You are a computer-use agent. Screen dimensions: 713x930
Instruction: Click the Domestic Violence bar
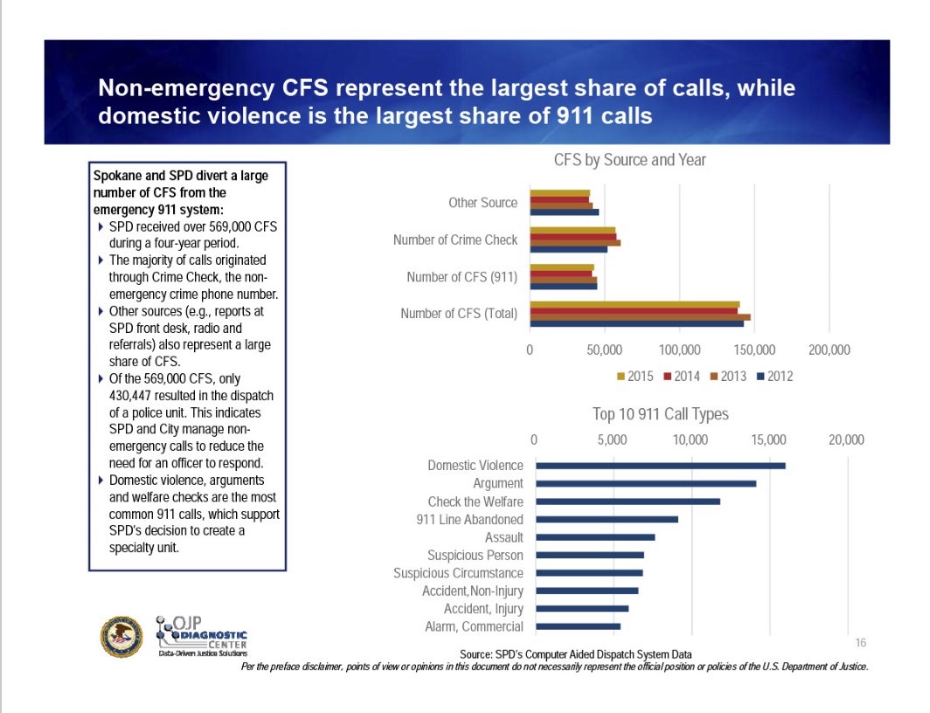click(660, 466)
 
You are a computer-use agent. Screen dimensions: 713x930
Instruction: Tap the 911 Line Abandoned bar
click(607, 519)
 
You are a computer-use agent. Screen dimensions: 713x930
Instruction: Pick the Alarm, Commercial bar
click(578, 626)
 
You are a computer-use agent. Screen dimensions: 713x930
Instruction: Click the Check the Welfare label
click(475, 502)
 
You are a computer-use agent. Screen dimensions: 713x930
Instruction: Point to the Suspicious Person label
click(475, 555)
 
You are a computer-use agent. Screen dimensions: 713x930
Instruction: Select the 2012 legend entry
click(774, 377)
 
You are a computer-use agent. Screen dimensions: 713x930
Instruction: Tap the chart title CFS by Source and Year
click(629, 161)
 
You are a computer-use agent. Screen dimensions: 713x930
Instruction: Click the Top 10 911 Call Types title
click(660, 414)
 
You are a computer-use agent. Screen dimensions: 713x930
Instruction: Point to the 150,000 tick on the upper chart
click(754, 350)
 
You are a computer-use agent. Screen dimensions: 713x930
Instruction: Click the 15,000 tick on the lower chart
click(768, 440)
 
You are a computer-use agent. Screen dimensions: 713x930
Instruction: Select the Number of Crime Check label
click(455, 239)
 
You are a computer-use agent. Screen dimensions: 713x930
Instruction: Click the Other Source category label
click(482, 203)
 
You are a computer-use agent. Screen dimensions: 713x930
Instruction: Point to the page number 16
click(860, 642)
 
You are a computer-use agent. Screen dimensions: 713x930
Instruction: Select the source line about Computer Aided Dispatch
click(576, 654)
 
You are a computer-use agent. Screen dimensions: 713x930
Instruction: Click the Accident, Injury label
click(483, 609)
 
